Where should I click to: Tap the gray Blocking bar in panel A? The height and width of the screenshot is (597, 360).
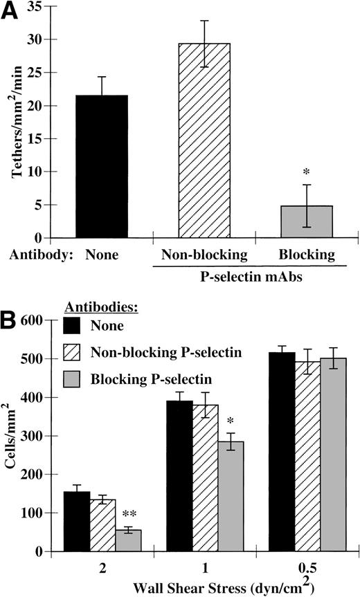pyautogui.click(x=306, y=221)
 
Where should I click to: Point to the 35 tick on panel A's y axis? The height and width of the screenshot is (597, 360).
pyautogui.click(x=50, y=7)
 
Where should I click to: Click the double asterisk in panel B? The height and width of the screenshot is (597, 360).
pyautogui.click(x=129, y=515)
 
